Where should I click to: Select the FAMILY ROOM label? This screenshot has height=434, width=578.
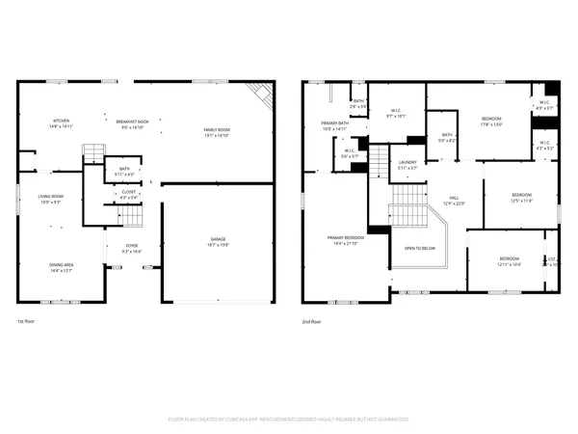[215, 129]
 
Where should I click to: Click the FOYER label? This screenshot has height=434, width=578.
[130, 246]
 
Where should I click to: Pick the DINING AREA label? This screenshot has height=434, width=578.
[62, 264]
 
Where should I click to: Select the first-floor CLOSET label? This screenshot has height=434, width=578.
[127, 192]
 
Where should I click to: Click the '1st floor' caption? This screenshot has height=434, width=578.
[28, 321]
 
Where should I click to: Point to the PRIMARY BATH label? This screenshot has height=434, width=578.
[334, 123]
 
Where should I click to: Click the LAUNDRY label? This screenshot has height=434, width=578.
[407, 163]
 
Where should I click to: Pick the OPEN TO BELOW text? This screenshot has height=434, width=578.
[419, 248]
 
